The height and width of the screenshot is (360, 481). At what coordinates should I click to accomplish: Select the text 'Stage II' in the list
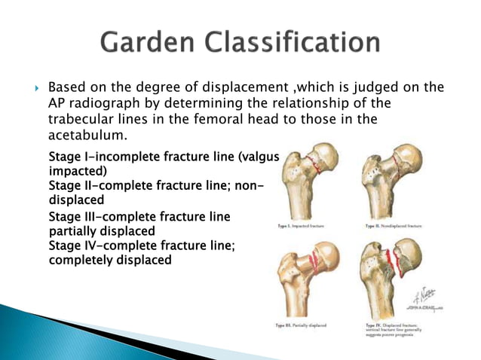click(71, 185)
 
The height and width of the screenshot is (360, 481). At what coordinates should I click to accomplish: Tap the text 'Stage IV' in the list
click(72, 246)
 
